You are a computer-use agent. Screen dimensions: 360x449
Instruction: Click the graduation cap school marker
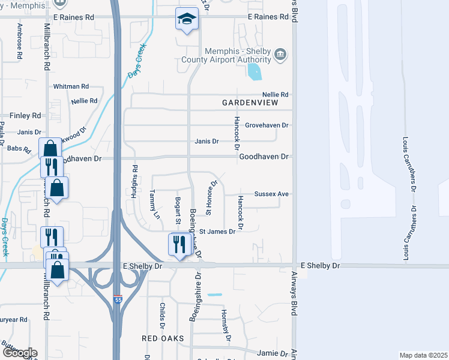[x=187, y=19]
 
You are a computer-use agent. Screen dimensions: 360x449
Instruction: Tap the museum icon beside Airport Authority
[x=280, y=56]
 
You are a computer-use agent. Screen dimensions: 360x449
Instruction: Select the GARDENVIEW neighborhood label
[x=250, y=103]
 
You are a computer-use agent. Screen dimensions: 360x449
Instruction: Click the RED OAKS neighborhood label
[x=162, y=339]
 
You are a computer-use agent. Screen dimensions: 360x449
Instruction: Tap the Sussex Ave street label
[x=271, y=194]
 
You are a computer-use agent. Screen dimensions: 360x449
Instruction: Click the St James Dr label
[x=217, y=231]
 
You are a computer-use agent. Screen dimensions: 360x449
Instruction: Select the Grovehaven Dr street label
[x=268, y=125]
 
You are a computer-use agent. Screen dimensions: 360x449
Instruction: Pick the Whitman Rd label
[x=71, y=86]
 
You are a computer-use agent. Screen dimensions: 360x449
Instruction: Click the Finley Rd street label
[x=25, y=115]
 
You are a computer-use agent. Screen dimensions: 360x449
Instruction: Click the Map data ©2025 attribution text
[x=424, y=355]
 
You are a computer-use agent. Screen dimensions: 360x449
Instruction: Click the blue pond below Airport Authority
[x=255, y=72]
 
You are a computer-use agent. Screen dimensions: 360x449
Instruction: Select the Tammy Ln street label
[x=154, y=204]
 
